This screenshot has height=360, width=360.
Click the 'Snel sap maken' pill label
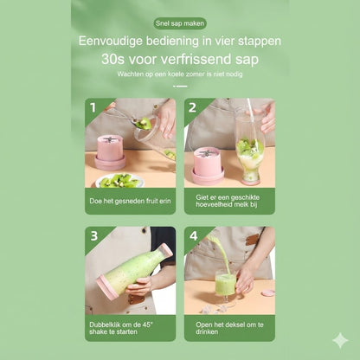(179, 23)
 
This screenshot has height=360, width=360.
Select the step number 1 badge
(91, 107)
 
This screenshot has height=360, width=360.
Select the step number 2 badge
(191, 107)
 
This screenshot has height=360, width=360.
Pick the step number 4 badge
(191, 235)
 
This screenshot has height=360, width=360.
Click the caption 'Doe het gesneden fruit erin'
(130, 201)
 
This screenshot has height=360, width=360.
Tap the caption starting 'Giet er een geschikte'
(228, 201)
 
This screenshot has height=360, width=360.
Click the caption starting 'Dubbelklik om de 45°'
(130, 328)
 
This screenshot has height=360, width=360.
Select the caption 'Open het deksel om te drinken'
(228, 328)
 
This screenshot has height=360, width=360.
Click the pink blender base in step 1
(110, 151)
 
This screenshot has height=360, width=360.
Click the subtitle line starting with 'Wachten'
(179, 74)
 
